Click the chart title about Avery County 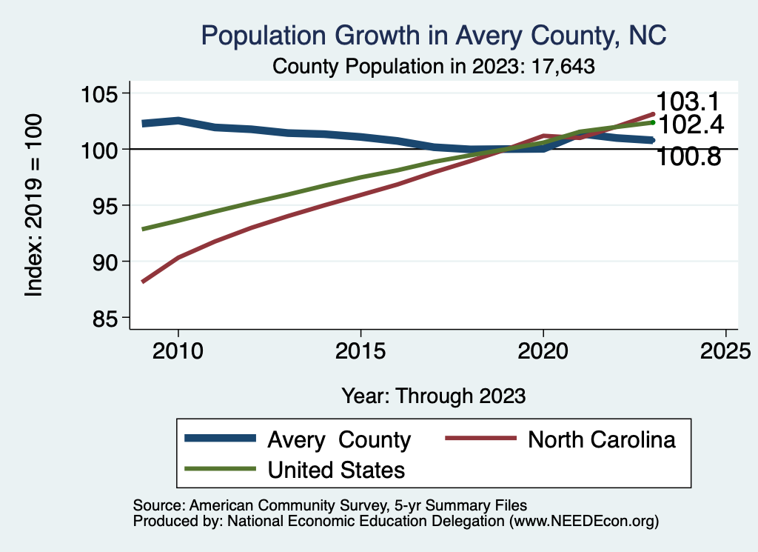434,36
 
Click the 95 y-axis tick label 102,206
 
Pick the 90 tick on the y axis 102,262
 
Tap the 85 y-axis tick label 102,318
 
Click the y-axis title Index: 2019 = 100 34,205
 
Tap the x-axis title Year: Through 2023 434,396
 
